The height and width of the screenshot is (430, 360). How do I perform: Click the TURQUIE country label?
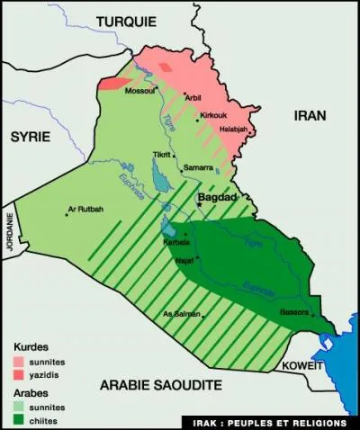(x=126, y=22)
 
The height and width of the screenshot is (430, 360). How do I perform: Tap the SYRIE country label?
(x=31, y=136)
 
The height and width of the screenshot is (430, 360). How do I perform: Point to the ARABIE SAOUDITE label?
(x=160, y=385)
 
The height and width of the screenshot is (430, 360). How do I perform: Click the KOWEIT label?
(x=301, y=366)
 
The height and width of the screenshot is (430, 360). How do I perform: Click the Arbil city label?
(x=194, y=96)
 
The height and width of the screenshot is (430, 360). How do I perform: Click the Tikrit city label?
(x=163, y=155)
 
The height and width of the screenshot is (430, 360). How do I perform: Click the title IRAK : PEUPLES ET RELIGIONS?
(x=270, y=421)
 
